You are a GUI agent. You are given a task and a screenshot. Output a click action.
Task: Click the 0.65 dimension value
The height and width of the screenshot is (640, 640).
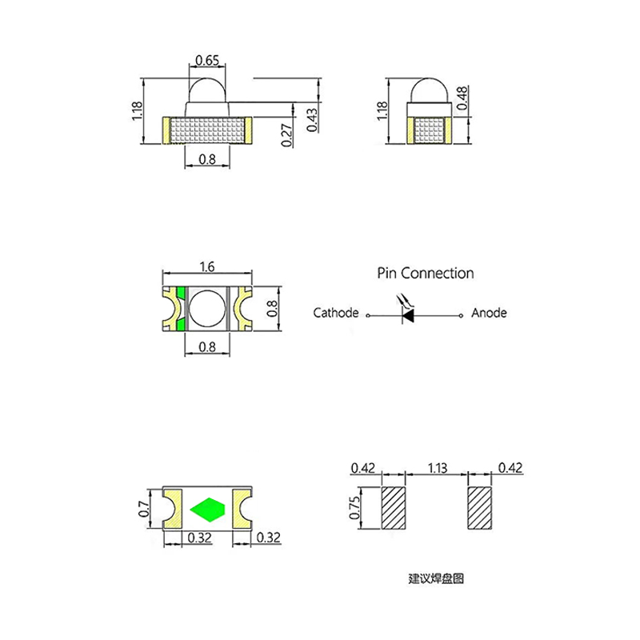(207, 61)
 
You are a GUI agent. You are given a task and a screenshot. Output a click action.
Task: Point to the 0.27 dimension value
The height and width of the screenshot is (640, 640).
(287, 135)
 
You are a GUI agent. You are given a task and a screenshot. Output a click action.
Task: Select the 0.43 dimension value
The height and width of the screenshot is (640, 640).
(312, 120)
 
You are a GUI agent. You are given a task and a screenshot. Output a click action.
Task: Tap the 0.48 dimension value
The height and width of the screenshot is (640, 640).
(462, 98)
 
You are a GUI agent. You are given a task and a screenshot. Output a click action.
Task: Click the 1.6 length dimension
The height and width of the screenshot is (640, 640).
(207, 266)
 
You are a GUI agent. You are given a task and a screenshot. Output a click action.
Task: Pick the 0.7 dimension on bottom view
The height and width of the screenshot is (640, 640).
(144, 509)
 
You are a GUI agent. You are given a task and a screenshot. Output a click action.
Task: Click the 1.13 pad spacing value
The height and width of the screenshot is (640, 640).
(437, 467)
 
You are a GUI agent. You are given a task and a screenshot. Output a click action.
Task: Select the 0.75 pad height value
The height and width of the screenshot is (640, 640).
(354, 507)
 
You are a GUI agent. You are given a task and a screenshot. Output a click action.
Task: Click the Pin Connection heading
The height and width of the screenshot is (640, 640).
(426, 273)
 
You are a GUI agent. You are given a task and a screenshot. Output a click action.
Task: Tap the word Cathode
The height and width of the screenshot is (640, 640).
(336, 313)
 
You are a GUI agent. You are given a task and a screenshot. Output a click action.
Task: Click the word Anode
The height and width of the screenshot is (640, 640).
(489, 313)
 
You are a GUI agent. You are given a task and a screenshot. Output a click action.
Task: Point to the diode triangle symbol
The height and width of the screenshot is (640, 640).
(408, 315)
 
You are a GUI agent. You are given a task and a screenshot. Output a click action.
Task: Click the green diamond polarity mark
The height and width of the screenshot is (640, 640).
(208, 510)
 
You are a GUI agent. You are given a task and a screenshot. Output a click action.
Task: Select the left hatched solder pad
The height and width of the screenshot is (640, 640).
(394, 508)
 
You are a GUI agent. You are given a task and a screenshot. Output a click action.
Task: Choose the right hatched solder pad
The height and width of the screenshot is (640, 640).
(479, 508)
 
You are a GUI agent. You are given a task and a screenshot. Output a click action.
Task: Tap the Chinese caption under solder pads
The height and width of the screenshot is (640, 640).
(436, 578)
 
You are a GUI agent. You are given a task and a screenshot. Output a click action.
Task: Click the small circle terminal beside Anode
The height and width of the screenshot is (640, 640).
(462, 315)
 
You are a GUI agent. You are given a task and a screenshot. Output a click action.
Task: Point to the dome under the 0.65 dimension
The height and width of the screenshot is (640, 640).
(207, 90)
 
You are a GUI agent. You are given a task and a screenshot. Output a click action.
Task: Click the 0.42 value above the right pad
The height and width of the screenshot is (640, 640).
(510, 467)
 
